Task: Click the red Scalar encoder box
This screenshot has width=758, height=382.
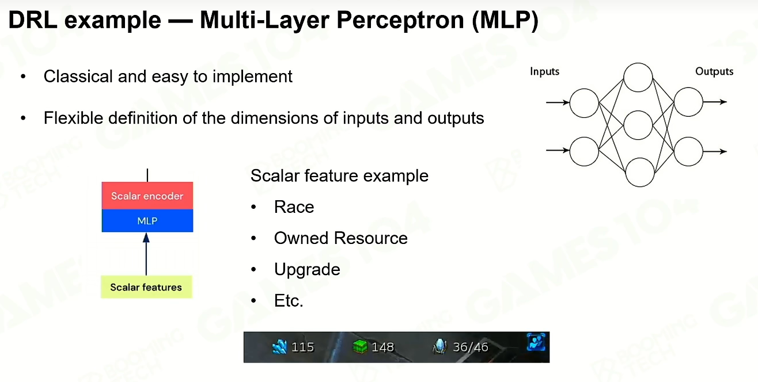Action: pos(147,196)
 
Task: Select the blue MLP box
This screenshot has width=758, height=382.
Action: pos(147,220)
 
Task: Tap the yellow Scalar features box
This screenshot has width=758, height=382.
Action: pos(146,287)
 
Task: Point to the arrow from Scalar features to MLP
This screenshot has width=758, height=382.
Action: pos(146,254)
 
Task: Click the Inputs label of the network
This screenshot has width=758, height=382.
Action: pos(544,71)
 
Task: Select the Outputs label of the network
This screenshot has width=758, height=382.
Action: pos(714,71)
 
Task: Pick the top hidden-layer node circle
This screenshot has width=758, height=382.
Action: pos(638,78)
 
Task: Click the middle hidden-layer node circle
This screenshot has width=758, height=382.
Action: pos(638,125)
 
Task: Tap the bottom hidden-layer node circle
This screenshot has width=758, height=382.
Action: pos(639,172)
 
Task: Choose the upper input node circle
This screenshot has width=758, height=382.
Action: pos(584,103)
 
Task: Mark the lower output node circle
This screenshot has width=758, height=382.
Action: pos(688,151)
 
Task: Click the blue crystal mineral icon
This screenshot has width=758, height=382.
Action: pos(279,347)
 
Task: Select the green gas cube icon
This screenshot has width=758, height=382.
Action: pos(360,347)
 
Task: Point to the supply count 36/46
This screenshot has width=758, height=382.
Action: pos(471,347)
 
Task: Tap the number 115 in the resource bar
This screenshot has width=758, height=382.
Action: pos(302,347)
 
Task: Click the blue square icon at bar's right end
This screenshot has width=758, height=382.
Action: pos(536,342)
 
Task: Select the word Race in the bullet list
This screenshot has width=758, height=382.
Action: pos(294,207)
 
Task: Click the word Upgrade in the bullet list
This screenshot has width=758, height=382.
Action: pos(307,270)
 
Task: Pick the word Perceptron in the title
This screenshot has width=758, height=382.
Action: pos(400,20)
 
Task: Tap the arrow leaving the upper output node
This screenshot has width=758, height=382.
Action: pos(715,102)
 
